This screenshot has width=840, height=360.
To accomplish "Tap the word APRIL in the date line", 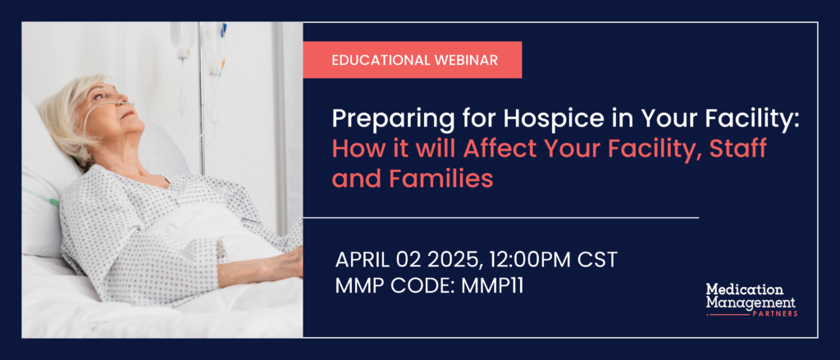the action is [362, 260].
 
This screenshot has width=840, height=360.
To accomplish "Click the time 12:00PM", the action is [526, 260].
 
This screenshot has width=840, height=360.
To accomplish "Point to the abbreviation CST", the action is [597, 260].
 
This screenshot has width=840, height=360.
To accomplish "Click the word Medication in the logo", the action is [744, 289].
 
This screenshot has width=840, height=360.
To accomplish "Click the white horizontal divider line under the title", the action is [501, 218].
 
